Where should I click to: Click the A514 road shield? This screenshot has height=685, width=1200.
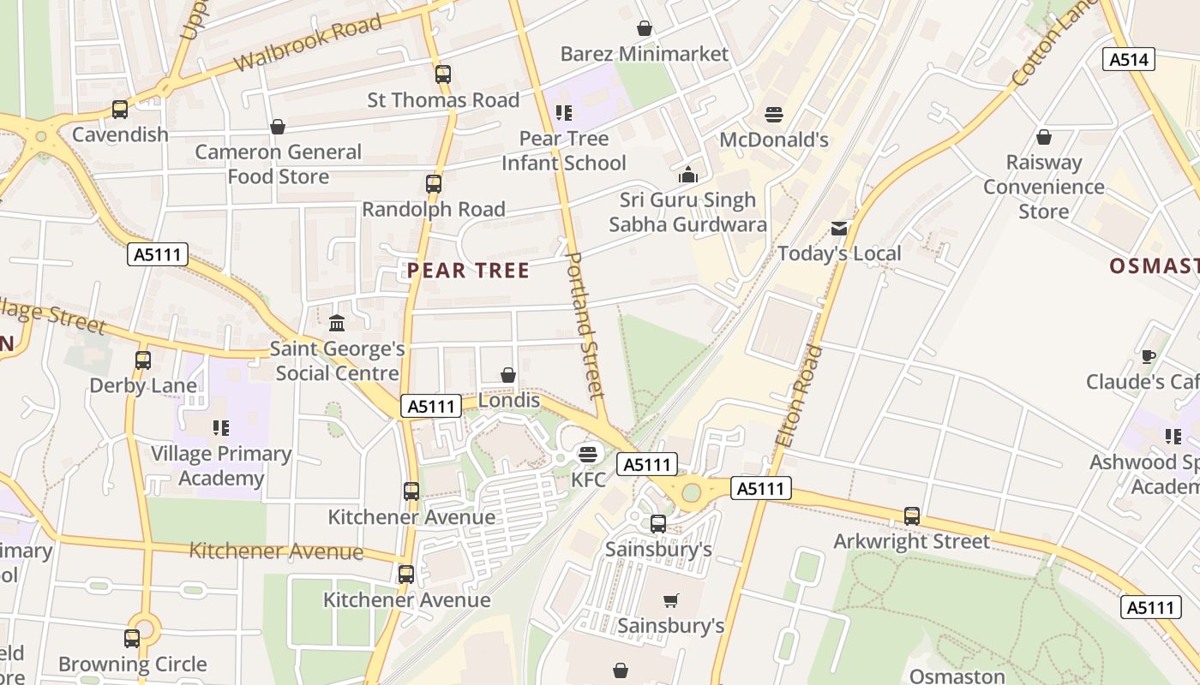pyautogui.click(x=1128, y=59)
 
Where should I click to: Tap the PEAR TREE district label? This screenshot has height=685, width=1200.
pyautogui.click(x=468, y=271)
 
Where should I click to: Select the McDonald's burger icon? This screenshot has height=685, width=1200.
pyautogui.click(x=774, y=115)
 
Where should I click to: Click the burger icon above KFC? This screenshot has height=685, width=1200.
pyautogui.click(x=587, y=453)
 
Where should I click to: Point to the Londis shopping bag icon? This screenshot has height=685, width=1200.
pyautogui.click(x=508, y=375)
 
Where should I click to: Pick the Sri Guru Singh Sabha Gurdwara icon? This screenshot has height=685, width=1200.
pyautogui.click(x=687, y=176)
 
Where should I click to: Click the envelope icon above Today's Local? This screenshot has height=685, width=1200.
pyautogui.click(x=839, y=229)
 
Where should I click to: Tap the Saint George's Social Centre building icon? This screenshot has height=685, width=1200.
pyautogui.click(x=337, y=324)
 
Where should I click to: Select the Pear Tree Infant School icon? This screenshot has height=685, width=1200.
pyautogui.click(x=563, y=113)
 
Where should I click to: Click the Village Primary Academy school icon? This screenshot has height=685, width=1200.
pyautogui.click(x=220, y=427)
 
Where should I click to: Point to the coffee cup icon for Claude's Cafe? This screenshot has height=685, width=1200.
pyautogui.click(x=1149, y=356)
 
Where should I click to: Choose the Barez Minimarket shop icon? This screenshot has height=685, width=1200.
pyautogui.click(x=645, y=29)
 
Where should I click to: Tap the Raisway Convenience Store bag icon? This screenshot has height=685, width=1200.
pyautogui.click(x=1043, y=137)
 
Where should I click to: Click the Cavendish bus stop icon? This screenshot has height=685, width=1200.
pyautogui.click(x=120, y=110)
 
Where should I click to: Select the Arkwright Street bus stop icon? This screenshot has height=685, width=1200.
pyautogui.click(x=912, y=516)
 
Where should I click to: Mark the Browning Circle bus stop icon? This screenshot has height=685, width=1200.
pyautogui.click(x=132, y=639)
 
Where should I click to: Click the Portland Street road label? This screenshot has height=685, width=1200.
pyautogui.click(x=586, y=325)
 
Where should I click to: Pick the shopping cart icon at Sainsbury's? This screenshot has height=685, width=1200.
pyautogui.click(x=671, y=601)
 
